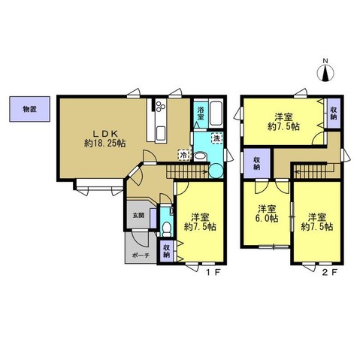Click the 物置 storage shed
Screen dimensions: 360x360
tap(30, 109)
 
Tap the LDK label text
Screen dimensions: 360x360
tap(104, 133)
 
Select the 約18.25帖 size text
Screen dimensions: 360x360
tap(105, 144)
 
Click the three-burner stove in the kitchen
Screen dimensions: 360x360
tap(161, 105)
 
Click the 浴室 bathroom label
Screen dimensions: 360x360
tap(201, 113)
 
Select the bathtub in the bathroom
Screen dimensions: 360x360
tap(216, 114)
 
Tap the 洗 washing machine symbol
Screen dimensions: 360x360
tap(217, 138)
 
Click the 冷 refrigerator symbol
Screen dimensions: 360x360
tap(184, 155)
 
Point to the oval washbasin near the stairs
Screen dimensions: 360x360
tap(200, 156)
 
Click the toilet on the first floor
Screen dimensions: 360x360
tap(166, 229)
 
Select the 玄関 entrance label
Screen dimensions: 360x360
tap(138, 215)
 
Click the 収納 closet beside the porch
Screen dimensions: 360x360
tap(167, 251)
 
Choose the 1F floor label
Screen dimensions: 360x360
tap(213, 272)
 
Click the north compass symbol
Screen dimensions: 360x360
tap(325, 71)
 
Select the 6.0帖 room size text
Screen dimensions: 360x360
tap(267, 219)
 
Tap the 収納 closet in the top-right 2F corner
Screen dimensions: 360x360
tap(334, 113)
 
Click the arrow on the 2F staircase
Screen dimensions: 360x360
tap(314, 170)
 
